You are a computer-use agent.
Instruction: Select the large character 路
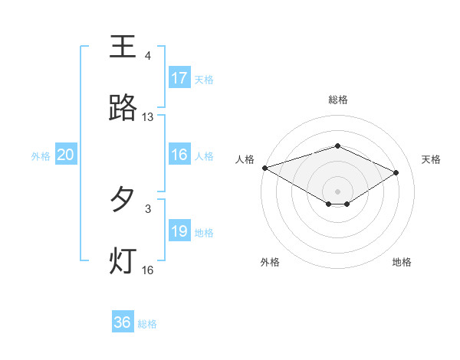coord(123,108)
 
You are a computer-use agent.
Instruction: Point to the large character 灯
coord(123,260)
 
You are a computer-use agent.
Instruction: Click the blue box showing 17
coord(179,78)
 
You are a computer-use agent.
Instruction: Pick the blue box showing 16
coord(179,155)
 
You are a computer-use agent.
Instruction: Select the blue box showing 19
coord(179,231)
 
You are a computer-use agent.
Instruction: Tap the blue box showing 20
coord(66,155)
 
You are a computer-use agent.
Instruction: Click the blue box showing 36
coord(123,322)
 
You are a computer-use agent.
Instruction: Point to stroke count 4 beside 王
coord(148,56)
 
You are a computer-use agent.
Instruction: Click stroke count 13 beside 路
coord(148,117)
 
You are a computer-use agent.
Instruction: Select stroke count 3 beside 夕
coord(148,208)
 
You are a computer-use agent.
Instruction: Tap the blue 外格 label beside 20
coord(41,155)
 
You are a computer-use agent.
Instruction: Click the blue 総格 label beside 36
coord(147,323)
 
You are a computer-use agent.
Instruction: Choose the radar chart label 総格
coord(338,100)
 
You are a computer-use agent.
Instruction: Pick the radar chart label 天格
coord(432,159)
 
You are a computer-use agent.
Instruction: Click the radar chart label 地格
coord(402,262)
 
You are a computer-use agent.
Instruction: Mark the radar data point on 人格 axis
coord(264,167)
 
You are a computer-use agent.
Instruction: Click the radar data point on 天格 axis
coord(396,173)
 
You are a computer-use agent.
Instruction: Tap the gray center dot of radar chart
coord(338,191)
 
